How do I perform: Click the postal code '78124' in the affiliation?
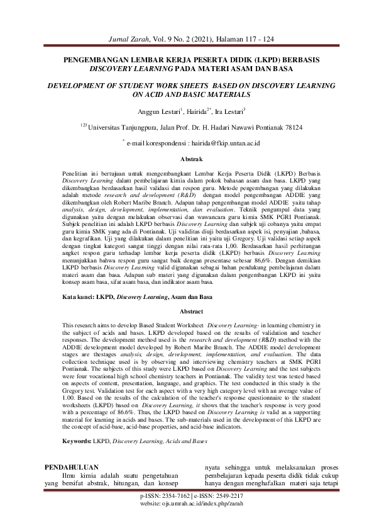(292, 127)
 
